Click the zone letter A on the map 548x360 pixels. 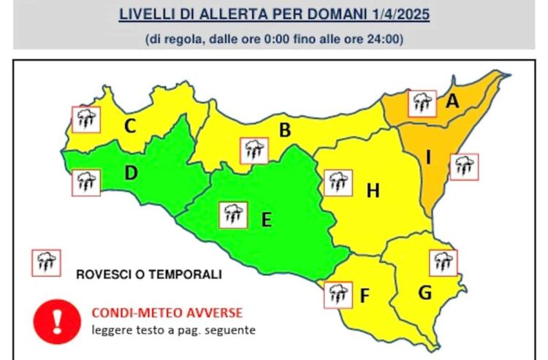click(453, 103)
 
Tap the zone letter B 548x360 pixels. click(286, 131)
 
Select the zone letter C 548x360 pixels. click(130, 126)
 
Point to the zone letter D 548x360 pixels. click(131, 173)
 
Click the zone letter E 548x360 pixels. click(266, 218)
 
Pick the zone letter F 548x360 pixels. click(365, 296)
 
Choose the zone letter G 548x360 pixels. click(425, 292)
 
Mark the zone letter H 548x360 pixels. click(373, 191)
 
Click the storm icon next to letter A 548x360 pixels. click(422, 104)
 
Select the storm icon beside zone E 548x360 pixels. click(233, 215)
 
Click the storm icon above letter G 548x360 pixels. click(442, 262)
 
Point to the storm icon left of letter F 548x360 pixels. click(337, 294)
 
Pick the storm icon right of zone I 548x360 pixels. click(463, 167)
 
